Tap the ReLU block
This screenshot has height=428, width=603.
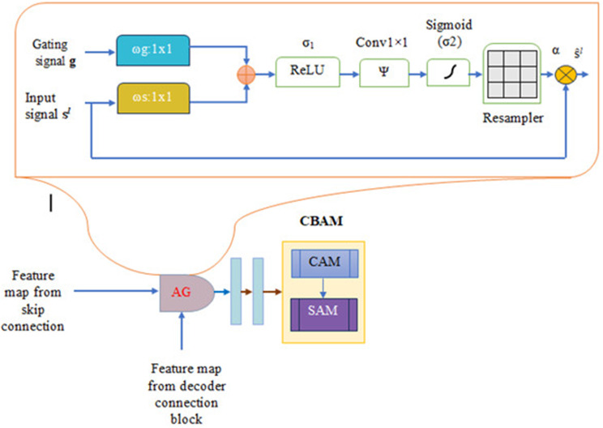point(306,71)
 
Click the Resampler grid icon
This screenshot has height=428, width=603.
point(512,71)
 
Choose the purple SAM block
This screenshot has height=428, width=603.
point(324,310)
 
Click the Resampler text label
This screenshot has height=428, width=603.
point(511,118)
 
